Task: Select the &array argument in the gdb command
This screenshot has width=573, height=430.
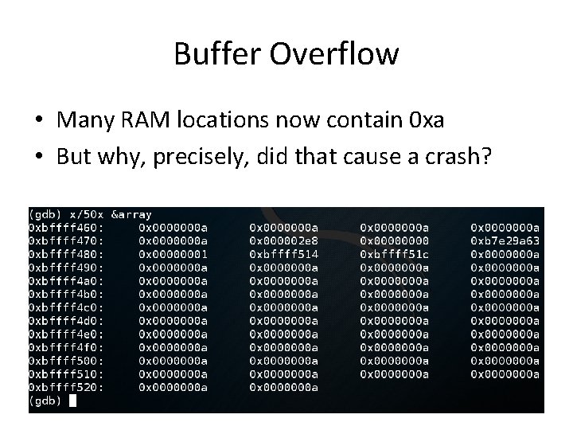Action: (131, 214)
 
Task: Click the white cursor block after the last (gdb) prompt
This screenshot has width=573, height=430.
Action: (73, 401)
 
